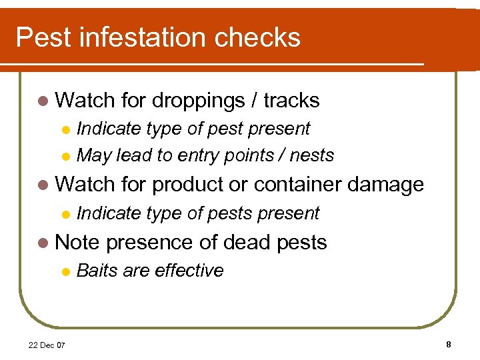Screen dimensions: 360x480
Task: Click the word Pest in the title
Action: [x=43, y=37]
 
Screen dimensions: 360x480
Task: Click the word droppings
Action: [x=199, y=101]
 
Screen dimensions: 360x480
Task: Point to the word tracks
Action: [x=292, y=101]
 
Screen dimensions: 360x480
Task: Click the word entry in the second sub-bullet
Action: [x=199, y=155]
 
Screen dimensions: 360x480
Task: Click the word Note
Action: [x=77, y=242]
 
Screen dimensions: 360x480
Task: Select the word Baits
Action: [x=97, y=270]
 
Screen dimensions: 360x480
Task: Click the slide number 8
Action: [x=449, y=344]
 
